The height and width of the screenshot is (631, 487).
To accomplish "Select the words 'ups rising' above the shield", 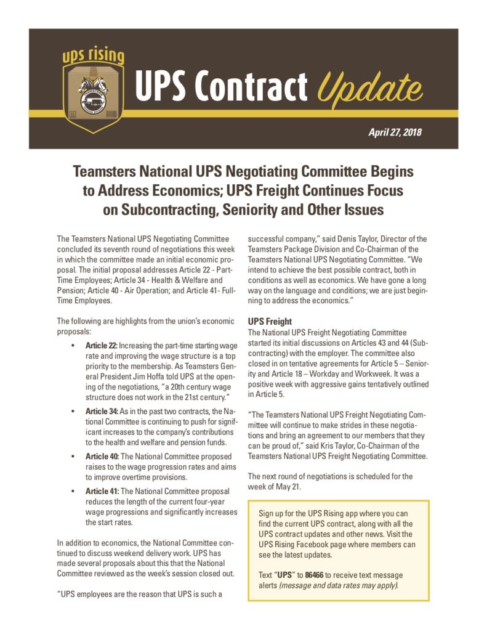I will click(94, 57).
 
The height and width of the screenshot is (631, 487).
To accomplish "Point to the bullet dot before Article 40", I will click(74, 457).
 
